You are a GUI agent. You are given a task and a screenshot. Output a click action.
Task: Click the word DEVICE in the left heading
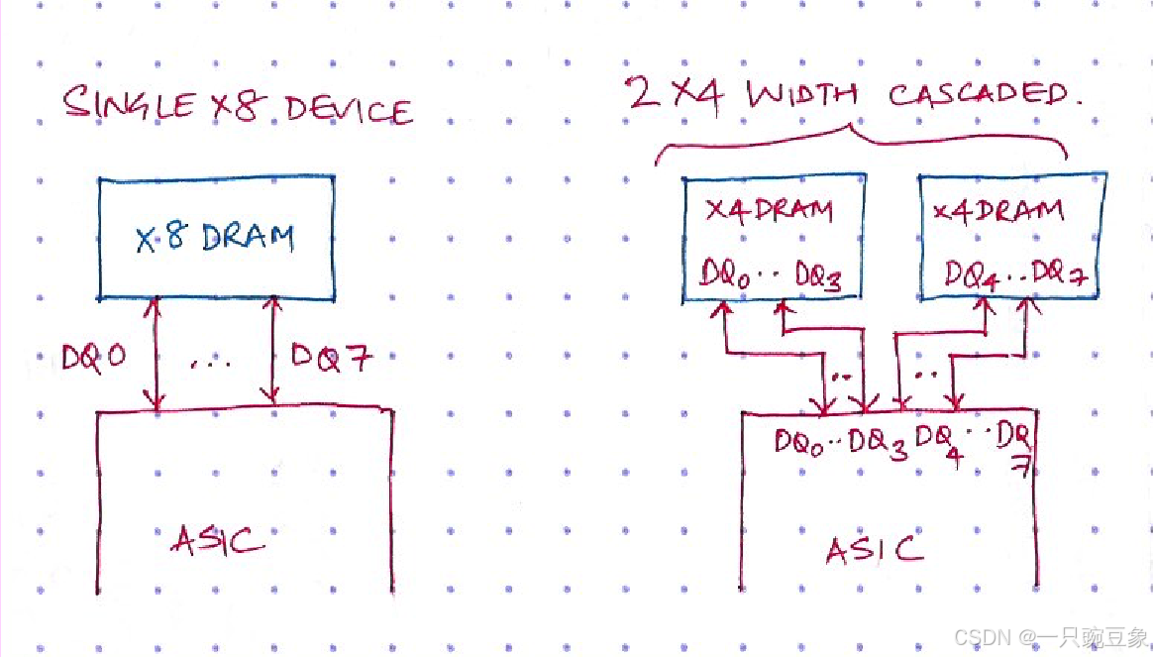coord(347,109)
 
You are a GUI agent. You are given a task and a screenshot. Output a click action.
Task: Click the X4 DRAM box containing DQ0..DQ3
coord(773,238)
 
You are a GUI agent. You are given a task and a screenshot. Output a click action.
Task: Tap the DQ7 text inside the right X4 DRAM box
coord(1060,276)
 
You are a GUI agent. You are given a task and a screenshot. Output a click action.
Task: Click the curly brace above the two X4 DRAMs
coord(859,139)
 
